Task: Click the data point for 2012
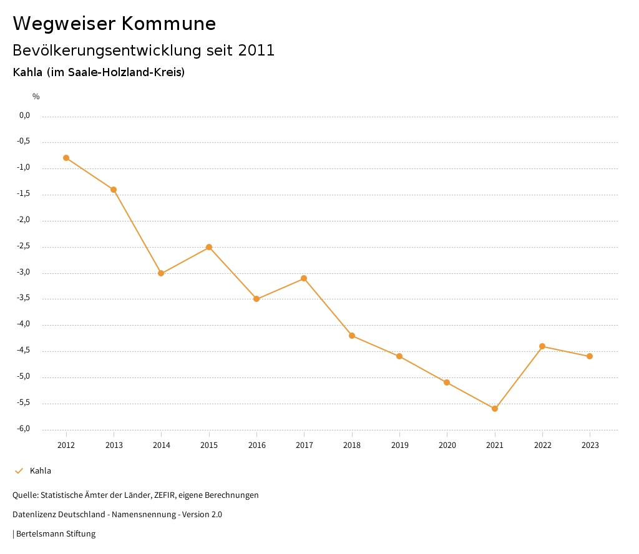[66, 158]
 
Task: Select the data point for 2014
[161, 273]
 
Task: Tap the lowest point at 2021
[495, 409]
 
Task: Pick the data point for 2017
[304, 278]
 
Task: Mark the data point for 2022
[542, 346]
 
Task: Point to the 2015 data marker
[209, 247]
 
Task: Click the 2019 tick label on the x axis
[400, 445]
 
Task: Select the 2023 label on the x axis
[590, 445]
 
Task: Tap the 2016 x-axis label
[257, 445]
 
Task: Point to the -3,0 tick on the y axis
[24, 273]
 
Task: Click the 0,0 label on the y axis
[25, 115]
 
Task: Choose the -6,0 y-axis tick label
[24, 429]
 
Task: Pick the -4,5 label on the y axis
[24, 351]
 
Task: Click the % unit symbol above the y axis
[36, 97]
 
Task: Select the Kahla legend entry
[41, 471]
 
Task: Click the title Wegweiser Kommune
[114, 24]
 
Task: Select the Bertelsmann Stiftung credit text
[56, 534]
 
